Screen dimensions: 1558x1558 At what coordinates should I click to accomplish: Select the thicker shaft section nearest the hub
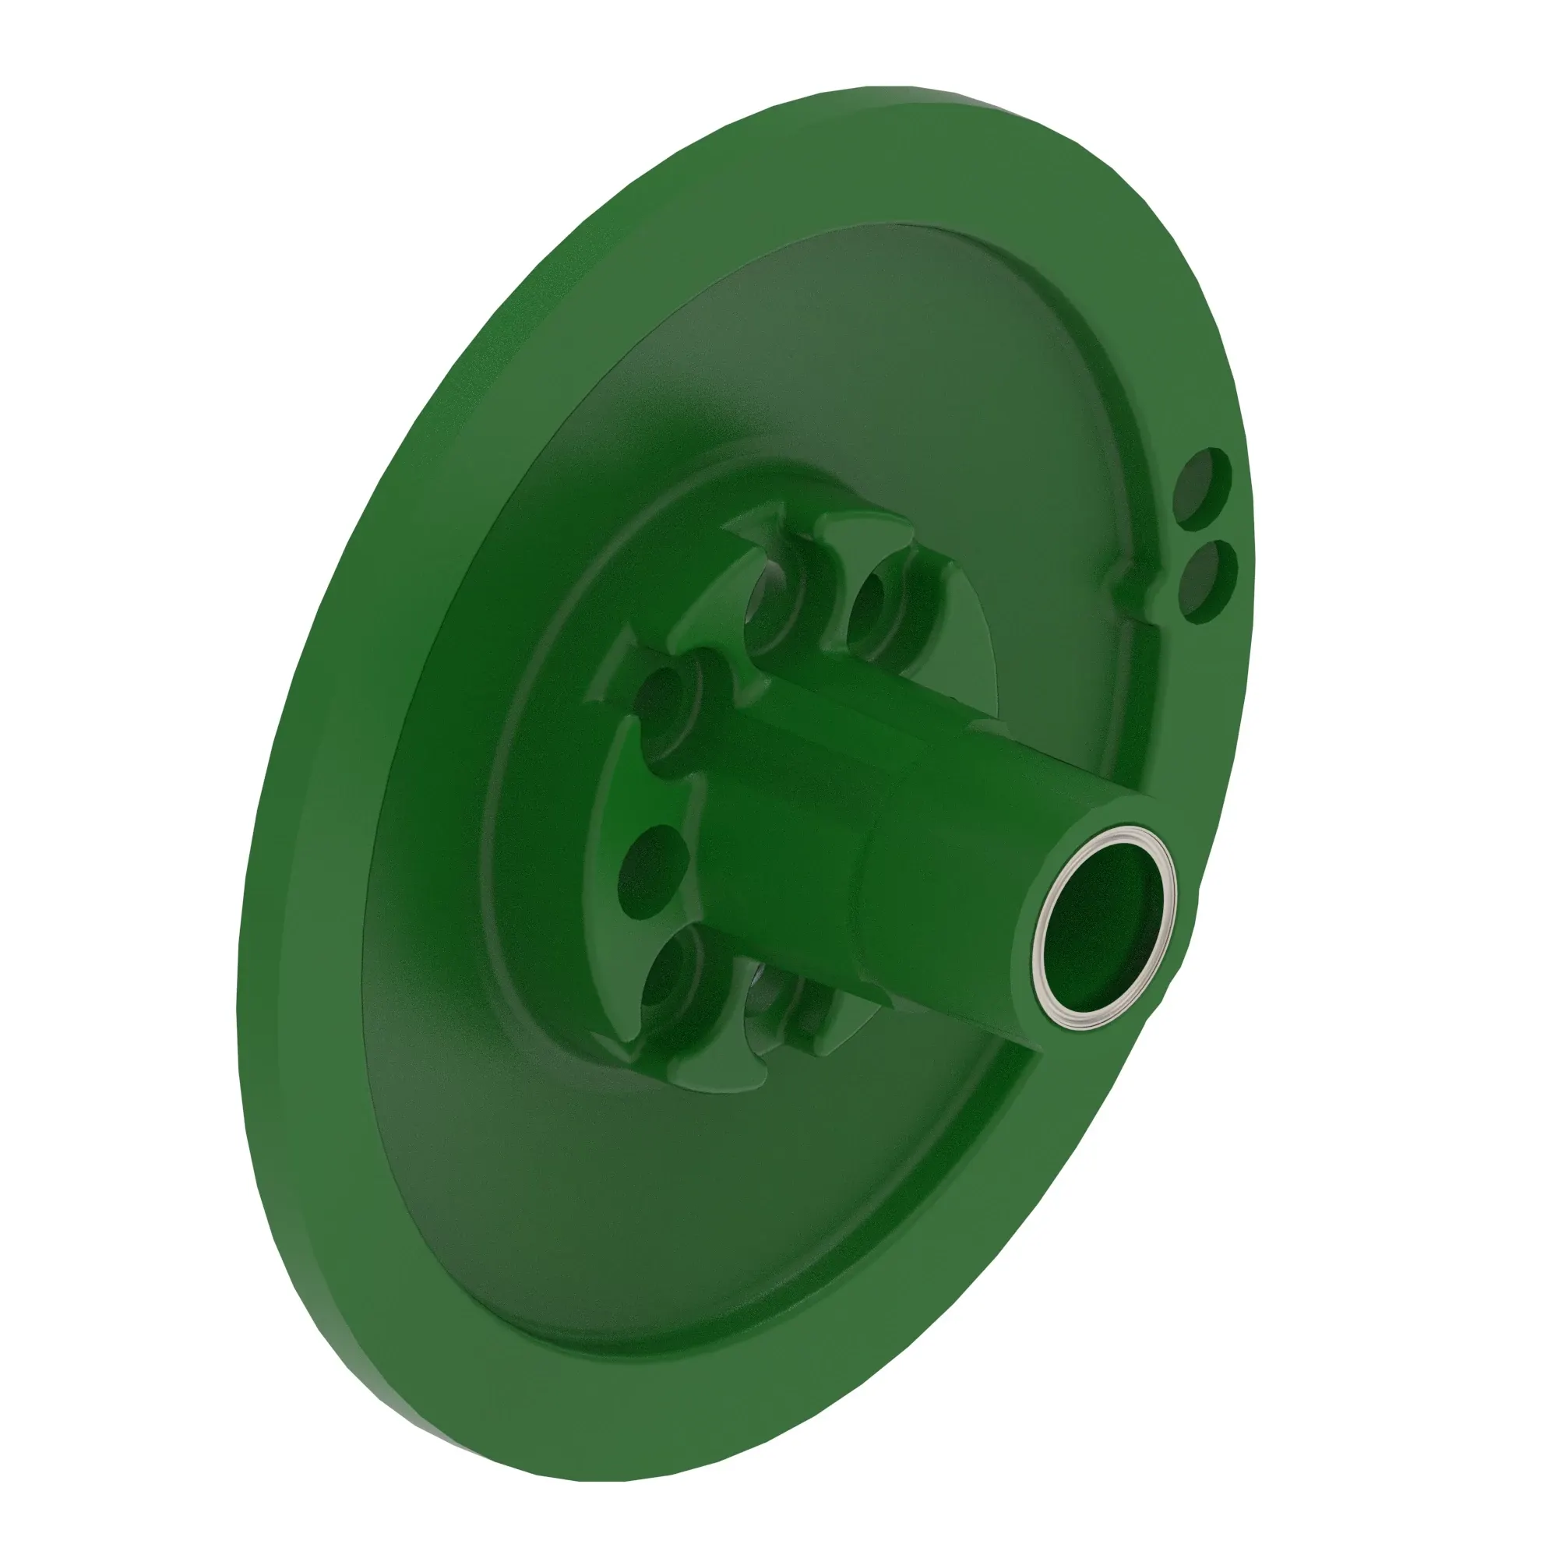[x=774, y=798]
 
